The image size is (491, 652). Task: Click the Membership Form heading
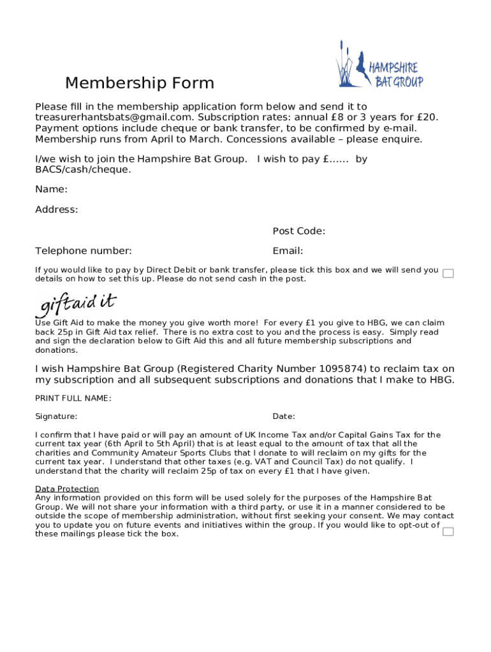point(140,83)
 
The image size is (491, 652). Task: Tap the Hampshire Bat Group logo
point(379,66)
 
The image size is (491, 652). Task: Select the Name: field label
point(52,189)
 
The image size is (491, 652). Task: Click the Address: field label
point(57,209)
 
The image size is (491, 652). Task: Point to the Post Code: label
point(298,230)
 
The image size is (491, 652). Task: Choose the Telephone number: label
point(84,251)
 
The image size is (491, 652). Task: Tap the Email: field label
point(288,251)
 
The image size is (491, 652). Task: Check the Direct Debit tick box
point(448,274)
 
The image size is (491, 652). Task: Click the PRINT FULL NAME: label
point(73,399)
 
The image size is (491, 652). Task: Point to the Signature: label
point(56,416)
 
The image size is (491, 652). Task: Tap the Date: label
point(284,416)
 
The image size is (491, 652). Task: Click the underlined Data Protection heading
point(67,489)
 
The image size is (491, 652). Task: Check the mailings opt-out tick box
point(448,531)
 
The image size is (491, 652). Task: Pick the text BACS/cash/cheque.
point(83,169)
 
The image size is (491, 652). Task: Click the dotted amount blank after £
point(339,159)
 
